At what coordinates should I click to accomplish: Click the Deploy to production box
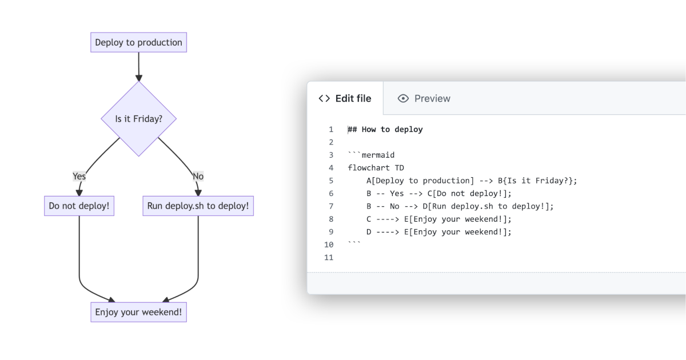point(138,42)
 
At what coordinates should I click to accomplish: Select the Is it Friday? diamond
point(138,119)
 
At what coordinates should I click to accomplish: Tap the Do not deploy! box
point(79,206)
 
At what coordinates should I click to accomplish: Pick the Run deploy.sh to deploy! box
point(198,206)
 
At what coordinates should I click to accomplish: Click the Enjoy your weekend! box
point(138,312)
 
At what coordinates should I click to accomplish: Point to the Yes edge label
point(79,176)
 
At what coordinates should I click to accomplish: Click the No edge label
point(198,176)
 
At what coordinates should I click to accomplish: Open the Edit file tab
point(345,98)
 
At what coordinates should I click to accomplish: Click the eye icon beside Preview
point(403,98)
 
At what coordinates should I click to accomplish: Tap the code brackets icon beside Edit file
point(324,98)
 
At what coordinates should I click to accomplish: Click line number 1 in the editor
point(331,129)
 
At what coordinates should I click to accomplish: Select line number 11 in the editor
point(329,258)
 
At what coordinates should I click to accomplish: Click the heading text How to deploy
point(392,129)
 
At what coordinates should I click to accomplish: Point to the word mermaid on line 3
point(378,155)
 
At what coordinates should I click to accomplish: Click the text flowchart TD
point(376,168)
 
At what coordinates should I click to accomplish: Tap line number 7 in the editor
point(331,206)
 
